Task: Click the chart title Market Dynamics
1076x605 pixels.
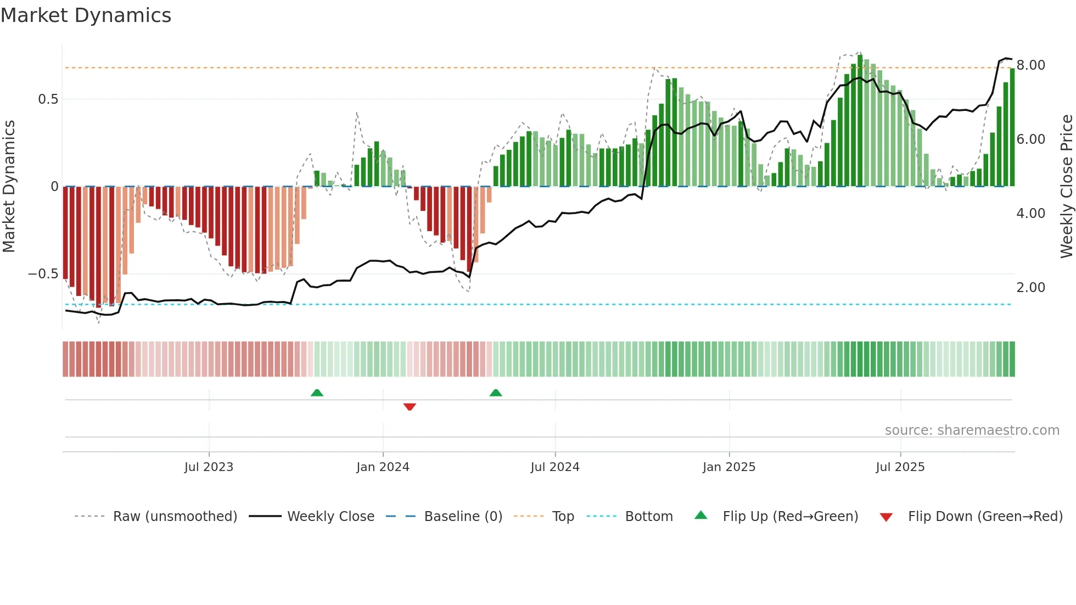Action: pos(86,15)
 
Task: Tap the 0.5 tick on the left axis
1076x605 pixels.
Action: pos(48,99)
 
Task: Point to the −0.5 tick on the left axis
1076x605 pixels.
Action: pos(43,274)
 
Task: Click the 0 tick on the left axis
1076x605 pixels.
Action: pos(54,187)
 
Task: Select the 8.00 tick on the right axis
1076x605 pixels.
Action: pos(1030,65)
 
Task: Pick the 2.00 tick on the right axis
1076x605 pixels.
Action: pos(1030,288)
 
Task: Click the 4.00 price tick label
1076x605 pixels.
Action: pos(1030,214)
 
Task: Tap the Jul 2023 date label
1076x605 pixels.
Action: pos(209,467)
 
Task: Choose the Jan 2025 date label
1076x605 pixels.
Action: pos(728,467)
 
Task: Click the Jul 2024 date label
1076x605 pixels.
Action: pos(554,467)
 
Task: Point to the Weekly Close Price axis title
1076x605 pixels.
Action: pos(1066,187)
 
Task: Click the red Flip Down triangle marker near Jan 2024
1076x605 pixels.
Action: pos(410,407)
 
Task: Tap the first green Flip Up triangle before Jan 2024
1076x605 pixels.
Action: pos(317,393)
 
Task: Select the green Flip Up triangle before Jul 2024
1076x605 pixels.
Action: pos(496,393)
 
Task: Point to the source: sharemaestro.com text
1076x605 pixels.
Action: pos(972,430)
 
